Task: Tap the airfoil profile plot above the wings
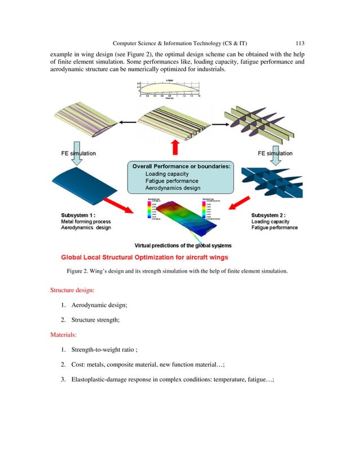pos(175,90)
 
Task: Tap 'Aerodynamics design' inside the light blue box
pos(169,188)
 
